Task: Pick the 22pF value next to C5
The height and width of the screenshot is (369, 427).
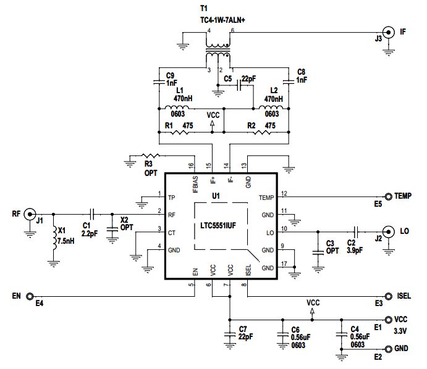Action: (x=248, y=79)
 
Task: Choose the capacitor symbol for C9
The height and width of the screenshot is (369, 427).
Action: (x=159, y=81)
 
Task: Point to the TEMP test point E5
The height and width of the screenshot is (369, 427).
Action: (x=389, y=196)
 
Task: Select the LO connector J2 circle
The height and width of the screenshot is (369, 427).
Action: (x=388, y=231)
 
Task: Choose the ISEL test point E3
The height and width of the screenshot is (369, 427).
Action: (x=389, y=296)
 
